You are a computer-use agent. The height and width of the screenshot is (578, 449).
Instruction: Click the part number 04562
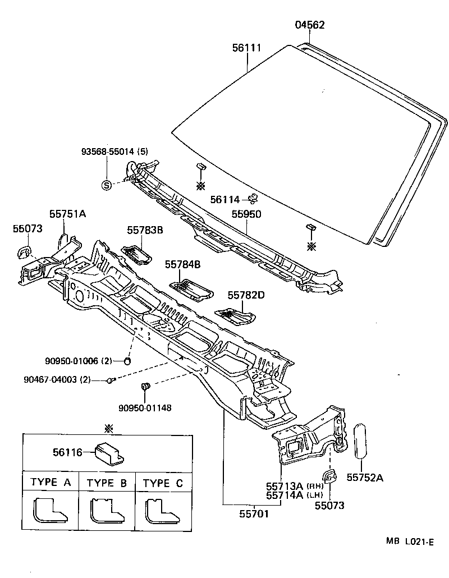coord(310,25)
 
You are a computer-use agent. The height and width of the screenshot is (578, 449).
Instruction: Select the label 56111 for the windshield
coord(247,48)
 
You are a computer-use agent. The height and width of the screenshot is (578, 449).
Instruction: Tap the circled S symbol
coord(106,186)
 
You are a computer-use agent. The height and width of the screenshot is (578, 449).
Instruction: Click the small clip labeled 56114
coord(253,198)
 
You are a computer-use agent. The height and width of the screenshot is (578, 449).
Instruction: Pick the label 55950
coord(247,214)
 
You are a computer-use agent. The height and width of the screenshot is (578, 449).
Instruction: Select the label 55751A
coord(67,214)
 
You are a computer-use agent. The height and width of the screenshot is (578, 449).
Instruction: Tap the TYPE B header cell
coord(107,483)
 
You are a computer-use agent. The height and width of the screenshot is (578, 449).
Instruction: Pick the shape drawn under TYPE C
coord(157,510)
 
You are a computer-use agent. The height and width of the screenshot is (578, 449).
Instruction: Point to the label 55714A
coord(284,495)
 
